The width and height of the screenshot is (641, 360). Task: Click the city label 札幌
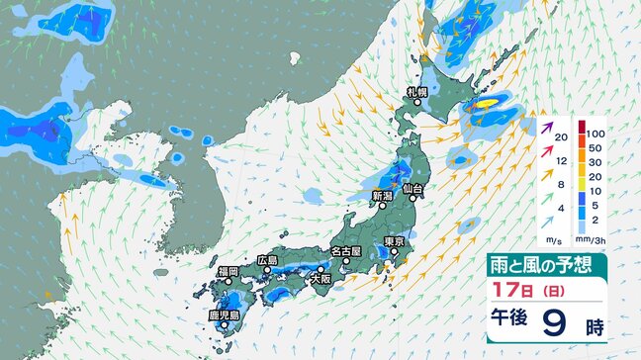[x=415, y=92]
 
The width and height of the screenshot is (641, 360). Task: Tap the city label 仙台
[x=413, y=188]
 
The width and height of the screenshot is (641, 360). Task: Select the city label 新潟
[x=382, y=196]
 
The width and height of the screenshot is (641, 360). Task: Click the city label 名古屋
[x=346, y=251]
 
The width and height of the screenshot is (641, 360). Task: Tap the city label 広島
[x=268, y=260]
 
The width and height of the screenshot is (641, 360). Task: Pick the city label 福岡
[x=229, y=270]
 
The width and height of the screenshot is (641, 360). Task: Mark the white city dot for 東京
[x=394, y=253]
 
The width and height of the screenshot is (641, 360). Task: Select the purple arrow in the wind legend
[x=550, y=128]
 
